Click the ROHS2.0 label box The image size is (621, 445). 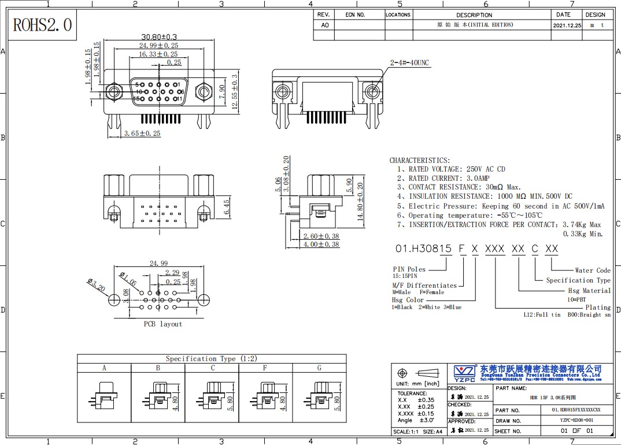43,25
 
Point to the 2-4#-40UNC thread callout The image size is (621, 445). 409,62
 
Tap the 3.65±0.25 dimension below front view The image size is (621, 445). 142,133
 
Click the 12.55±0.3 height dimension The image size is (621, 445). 235,92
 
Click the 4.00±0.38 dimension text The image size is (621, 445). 321,244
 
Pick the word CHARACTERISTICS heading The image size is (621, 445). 419,160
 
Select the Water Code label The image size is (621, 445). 593,270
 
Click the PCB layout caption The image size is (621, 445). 162,324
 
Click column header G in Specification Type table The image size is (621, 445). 319,368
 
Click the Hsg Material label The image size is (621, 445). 589,291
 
